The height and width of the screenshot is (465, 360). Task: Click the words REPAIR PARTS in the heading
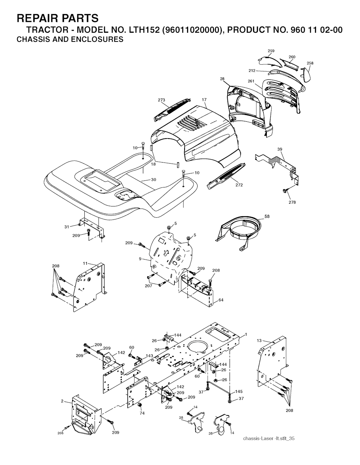[58, 18]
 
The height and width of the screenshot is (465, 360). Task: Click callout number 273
[161, 100]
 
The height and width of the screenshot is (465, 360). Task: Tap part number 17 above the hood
[204, 100]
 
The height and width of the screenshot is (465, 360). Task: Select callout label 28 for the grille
[222, 79]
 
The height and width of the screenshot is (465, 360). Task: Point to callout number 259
[271, 51]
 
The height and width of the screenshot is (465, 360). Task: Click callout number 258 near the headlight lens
[310, 63]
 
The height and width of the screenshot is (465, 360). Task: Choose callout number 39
[279, 149]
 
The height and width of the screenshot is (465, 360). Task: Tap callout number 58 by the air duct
[267, 216]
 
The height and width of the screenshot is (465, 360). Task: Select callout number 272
[239, 185]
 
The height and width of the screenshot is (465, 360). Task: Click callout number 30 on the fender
[154, 180]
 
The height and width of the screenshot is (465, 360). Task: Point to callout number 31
[67, 227]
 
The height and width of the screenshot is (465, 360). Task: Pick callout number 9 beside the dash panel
[140, 259]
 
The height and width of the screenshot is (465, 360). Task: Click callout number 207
[148, 286]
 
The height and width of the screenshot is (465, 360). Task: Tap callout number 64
[221, 300]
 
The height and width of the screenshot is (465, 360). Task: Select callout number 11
[85, 263]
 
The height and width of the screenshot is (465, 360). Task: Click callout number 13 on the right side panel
[259, 340]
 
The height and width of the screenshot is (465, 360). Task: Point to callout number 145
[239, 391]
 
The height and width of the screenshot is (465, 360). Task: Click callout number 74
[142, 413]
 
